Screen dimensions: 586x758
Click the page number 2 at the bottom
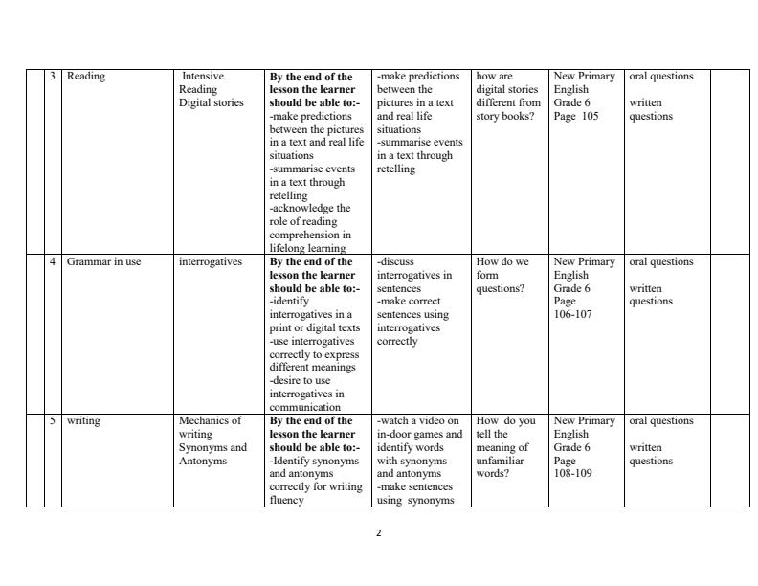click(379, 532)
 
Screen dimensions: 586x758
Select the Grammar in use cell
click(103, 262)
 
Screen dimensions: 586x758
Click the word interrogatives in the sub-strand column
click(211, 262)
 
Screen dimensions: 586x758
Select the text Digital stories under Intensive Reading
click(212, 103)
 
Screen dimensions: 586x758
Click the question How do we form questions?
click(502, 275)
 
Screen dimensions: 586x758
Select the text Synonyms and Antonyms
click(212, 454)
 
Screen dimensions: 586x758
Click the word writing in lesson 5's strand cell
click(83, 420)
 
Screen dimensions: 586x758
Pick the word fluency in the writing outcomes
click(286, 500)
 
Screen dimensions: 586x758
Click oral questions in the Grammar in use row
click(661, 262)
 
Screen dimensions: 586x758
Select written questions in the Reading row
click(651, 110)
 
